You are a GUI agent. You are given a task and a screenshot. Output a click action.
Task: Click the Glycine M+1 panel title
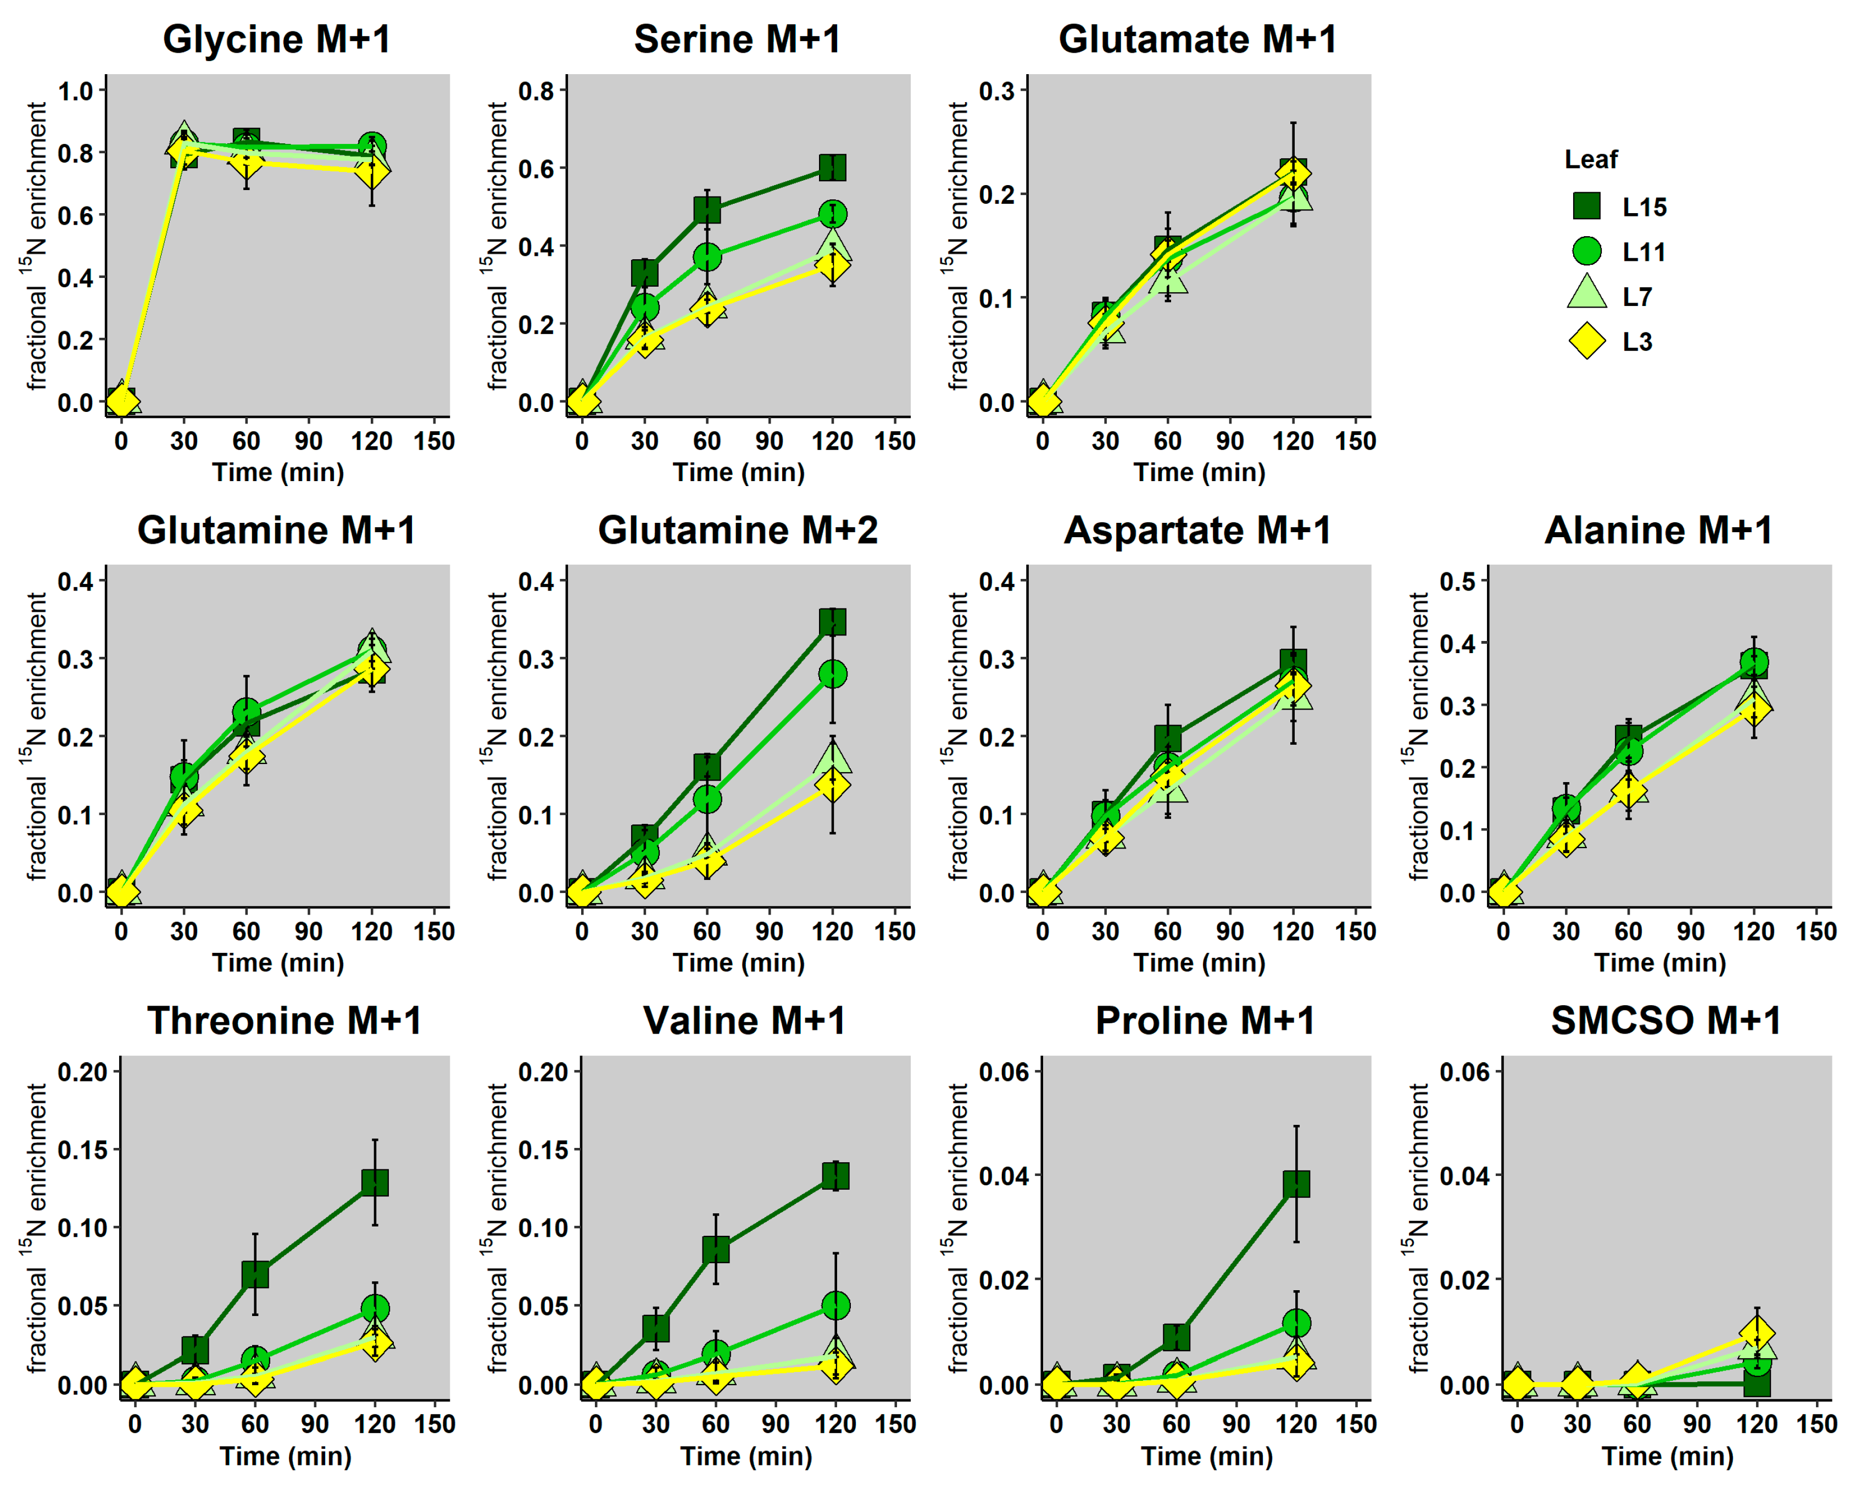point(276,40)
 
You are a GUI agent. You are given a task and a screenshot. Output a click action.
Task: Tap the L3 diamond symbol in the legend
point(1586,341)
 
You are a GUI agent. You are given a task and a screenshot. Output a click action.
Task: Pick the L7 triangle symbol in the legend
point(1586,293)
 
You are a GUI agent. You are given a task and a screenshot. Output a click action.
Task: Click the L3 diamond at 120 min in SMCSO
point(1757,1334)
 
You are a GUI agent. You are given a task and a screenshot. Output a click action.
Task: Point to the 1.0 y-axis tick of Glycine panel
point(75,91)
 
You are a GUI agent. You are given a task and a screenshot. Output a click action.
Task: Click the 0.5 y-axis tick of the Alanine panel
point(1457,581)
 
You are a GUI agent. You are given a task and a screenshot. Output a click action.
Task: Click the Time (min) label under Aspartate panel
point(1199,962)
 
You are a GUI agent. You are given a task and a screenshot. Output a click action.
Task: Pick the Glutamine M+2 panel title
point(737,530)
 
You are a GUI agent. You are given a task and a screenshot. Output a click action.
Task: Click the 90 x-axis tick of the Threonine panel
point(314,1424)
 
